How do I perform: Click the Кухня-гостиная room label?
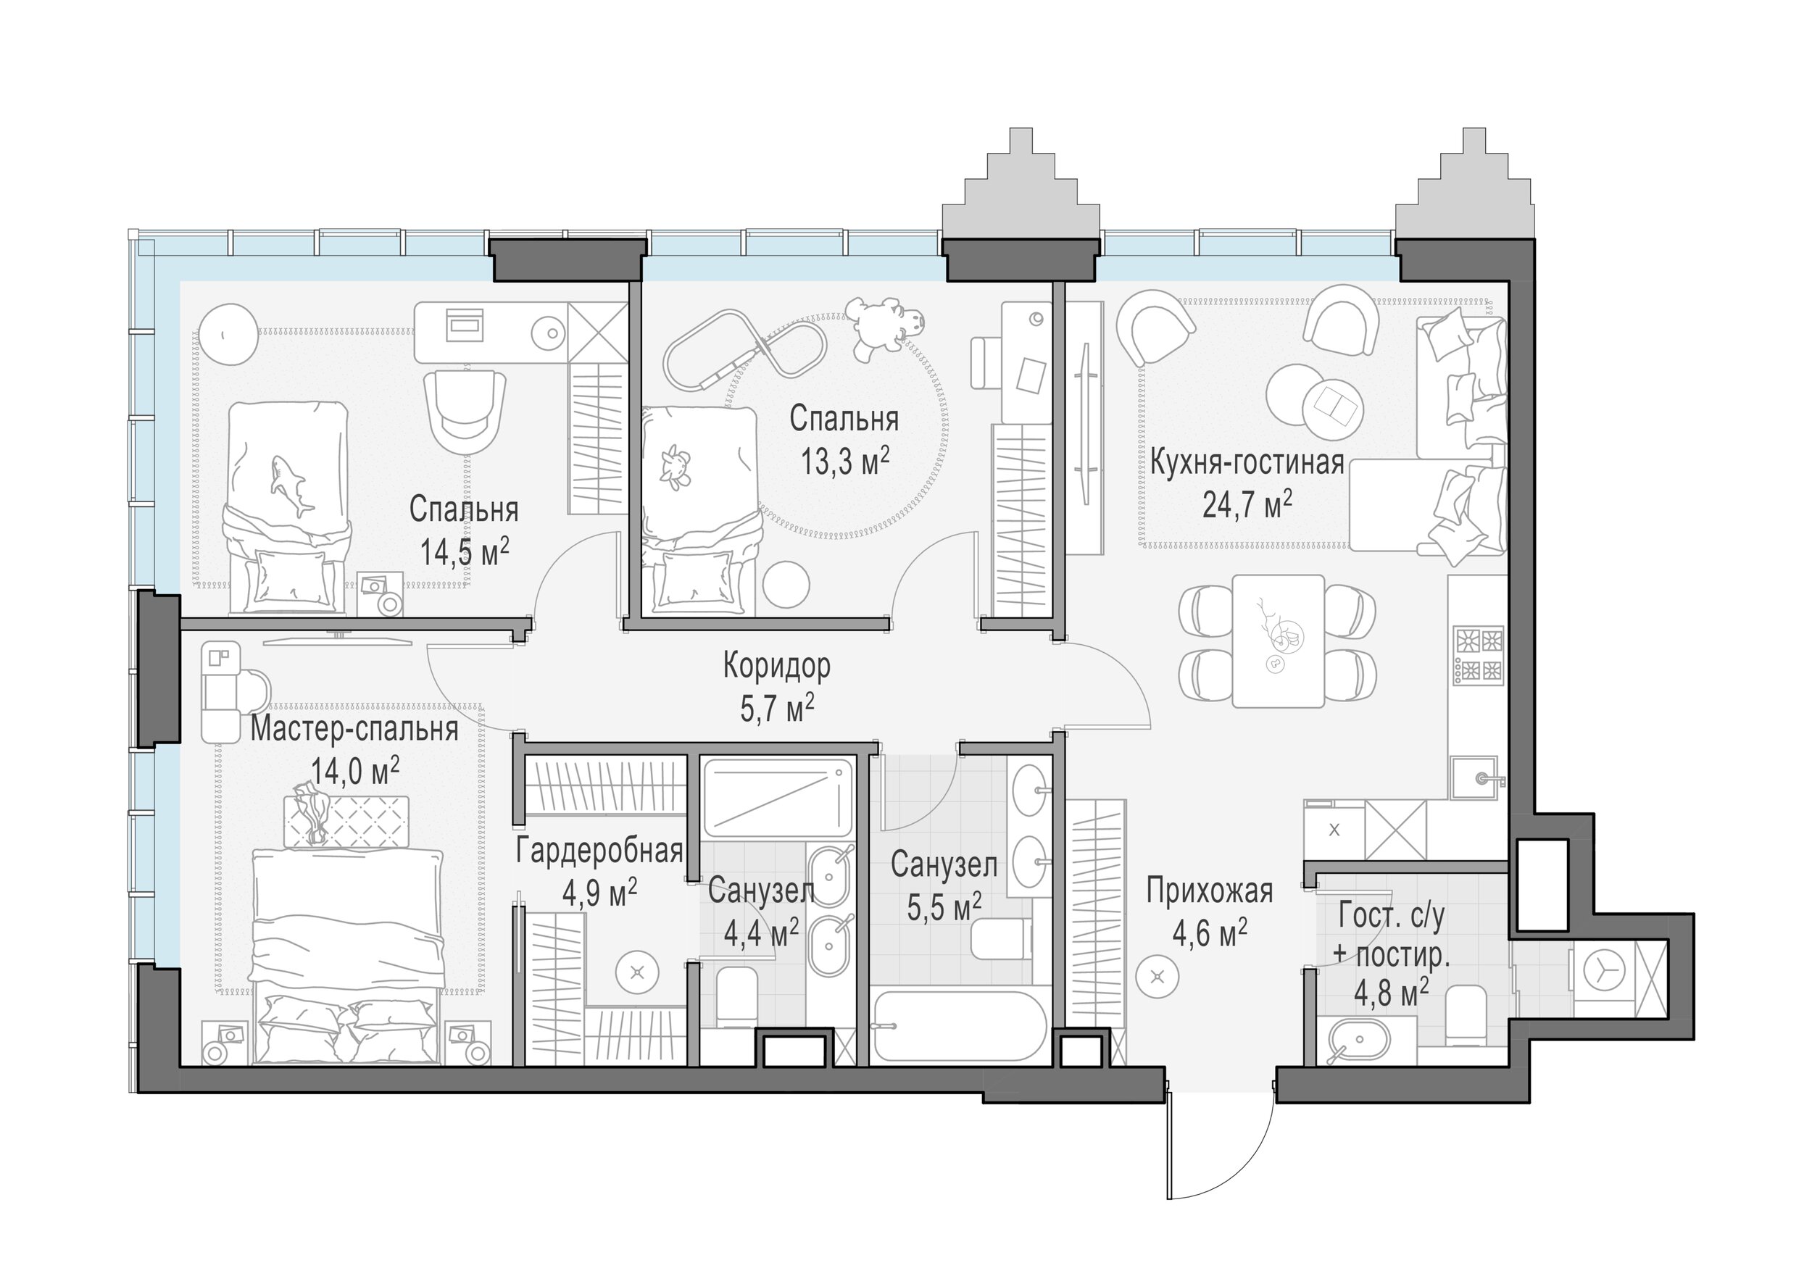click(x=1247, y=462)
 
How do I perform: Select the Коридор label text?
click(x=776, y=667)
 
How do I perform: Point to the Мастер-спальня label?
click(x=354, y=730)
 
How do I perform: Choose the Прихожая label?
click(x=1209, y=891)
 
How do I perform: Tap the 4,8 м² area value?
click(x=1392, y=992)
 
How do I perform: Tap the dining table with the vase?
click(x=1278, y=641)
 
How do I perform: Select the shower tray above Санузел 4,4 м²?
click(x=778, y=798)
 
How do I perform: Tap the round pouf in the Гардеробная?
click(x=638, y=974)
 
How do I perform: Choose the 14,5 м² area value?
click(x=464, y=552)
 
